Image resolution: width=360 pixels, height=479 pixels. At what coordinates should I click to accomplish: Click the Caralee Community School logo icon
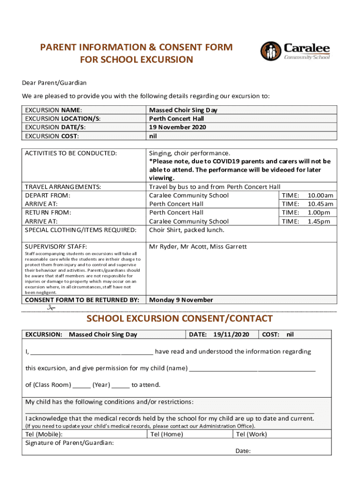[x=271, y=51]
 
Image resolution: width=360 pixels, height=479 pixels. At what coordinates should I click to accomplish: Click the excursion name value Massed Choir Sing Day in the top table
[x=183, y=110]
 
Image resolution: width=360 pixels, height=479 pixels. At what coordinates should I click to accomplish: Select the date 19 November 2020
[x=177, y=127]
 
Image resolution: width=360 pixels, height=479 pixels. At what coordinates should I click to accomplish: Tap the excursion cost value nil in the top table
[x=153, y=136]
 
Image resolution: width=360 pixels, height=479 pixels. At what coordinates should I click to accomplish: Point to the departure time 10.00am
[x=320, y=196]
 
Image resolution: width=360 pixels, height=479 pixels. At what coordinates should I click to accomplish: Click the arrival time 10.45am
[x=320, y=204]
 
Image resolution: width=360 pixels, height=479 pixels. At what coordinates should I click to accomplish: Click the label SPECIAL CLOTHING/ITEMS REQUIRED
[x=81, y=230]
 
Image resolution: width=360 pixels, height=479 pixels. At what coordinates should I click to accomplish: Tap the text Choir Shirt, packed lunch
[x=187, y=230]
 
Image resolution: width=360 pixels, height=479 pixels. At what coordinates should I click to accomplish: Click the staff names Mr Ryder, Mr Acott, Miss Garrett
[x=198, y=247]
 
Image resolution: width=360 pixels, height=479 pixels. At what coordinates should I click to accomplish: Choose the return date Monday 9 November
[x=181, y=300]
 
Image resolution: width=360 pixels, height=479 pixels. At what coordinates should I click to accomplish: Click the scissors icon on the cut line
[x=50, y=308]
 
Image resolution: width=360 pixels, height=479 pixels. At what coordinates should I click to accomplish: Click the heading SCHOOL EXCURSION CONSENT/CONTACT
[x=180, y=319]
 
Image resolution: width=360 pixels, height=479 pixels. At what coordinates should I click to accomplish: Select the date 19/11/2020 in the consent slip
[x=231, y=334]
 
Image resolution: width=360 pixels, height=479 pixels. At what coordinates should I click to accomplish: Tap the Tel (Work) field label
[x=252, y=434]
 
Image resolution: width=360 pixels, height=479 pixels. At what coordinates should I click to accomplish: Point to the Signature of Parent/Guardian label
[x=70, y=443]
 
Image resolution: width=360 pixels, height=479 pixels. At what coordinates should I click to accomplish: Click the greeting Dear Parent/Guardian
[x=54, y=83]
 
